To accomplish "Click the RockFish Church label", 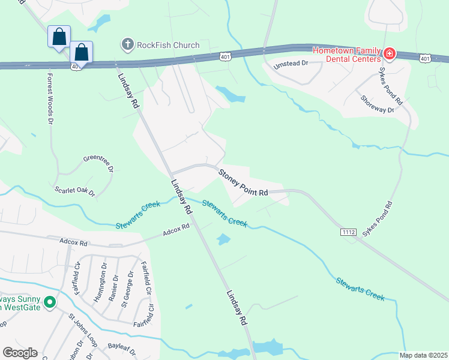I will [x=168, y=44].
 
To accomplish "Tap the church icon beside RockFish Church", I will [x=127, y=44].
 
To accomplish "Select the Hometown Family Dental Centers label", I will [x=346, y=55].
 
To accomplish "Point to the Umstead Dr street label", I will [x=291, y=64].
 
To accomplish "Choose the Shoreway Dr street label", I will [x=377, y=103].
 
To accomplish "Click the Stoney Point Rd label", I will [x=243, y=183].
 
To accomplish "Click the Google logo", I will [x=20, y=352].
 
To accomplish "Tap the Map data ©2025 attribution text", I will [x=423, y=355].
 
